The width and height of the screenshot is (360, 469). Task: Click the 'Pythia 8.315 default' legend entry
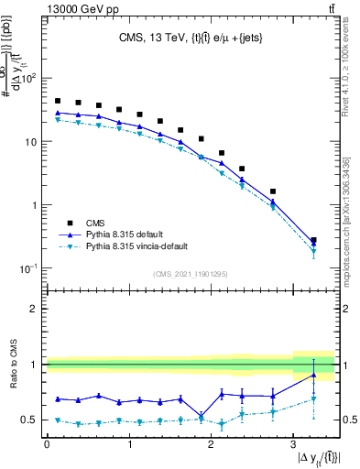(x=132, y=234)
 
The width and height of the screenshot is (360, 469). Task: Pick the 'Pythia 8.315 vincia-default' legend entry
(x=147, y=247)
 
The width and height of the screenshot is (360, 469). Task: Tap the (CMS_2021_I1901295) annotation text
(x=190, y=274)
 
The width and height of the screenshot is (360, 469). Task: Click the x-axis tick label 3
(x=292, y=444)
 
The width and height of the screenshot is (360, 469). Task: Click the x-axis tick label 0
(x=47, y=444)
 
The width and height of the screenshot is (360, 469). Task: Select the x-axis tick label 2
(x=211, y=444)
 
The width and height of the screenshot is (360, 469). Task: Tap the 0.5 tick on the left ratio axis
(x=31, y=420)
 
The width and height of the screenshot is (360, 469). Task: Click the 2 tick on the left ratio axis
(x=35, y=309)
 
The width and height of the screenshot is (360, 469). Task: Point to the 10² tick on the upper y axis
(x=29, y=79)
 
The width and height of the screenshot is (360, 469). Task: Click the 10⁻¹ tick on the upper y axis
(x=29, y=268)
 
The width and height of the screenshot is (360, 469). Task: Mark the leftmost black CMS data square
(x=58, y=101)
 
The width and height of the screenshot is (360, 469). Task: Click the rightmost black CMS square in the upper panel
(x=313, y=240)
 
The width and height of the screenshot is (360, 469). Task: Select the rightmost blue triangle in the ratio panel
(x=313, y=375)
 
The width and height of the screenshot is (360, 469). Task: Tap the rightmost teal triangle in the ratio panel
(x=313, y=399)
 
